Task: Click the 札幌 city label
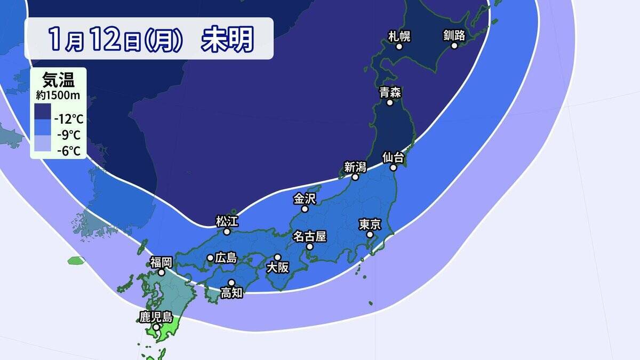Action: pos(399,36)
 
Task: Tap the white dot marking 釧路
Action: pos(454,46)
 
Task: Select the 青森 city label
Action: pos(390,92)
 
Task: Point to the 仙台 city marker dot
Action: pos(393,167)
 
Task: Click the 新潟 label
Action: pos(355,167)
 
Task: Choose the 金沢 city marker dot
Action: pos(305,209)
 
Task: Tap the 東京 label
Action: pos(369,224)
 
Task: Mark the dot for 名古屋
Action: pos(309,247)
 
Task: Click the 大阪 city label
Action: pos(277,268)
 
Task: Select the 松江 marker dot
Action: pos(227,232)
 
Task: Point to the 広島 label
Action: pos(226,258)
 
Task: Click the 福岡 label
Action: pos(161,262)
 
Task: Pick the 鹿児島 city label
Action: pos(156,317)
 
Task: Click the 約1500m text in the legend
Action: pos(58,95)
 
